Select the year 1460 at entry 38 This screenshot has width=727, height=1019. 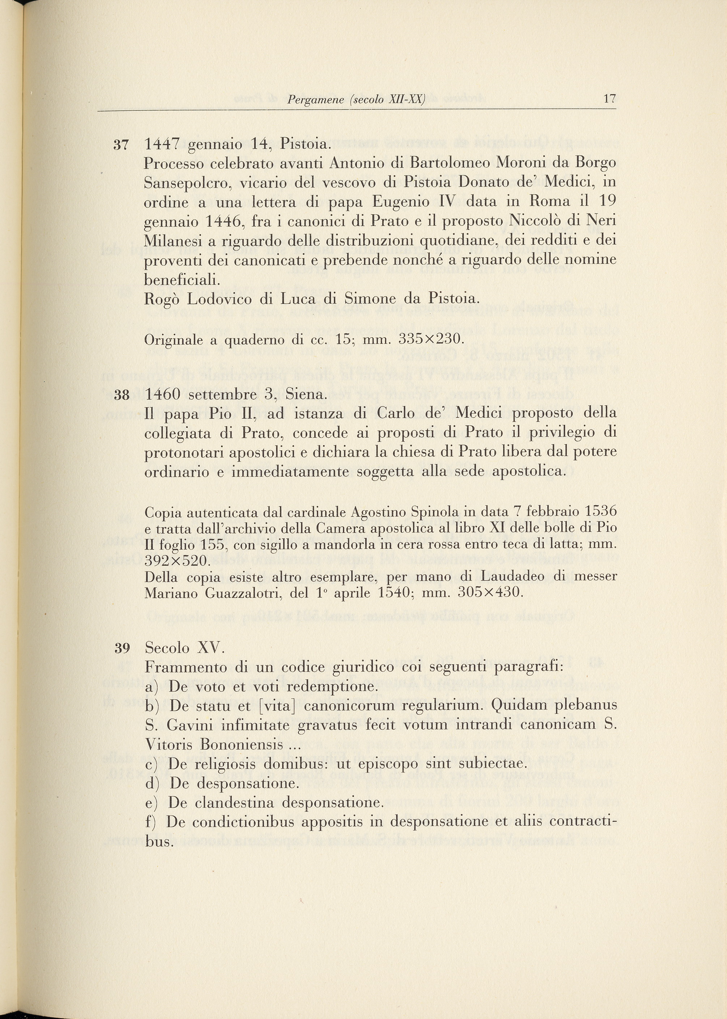(x=162, y=395)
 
